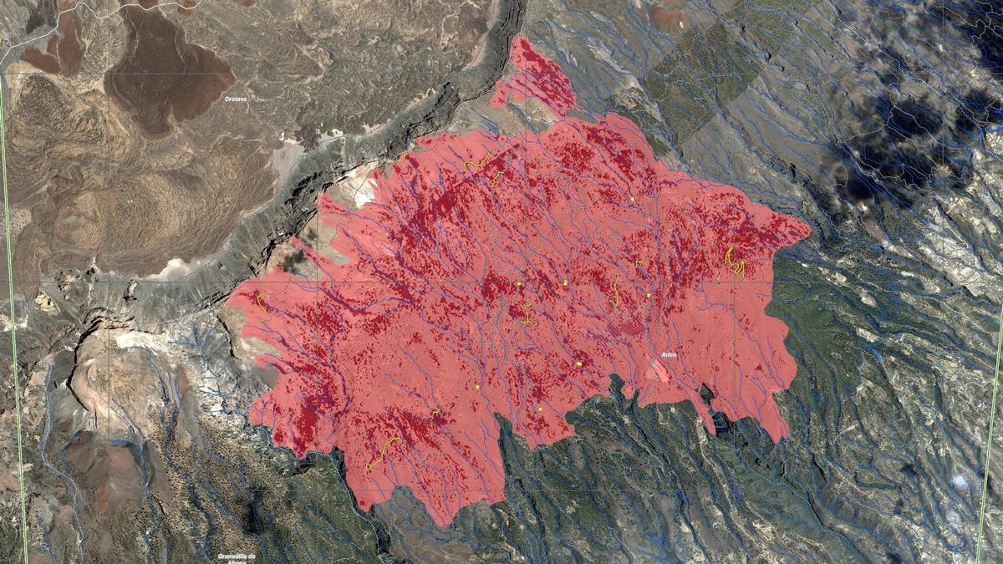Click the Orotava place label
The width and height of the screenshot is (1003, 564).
pos(235,99)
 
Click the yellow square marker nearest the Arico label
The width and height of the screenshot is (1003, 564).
pos(648,295)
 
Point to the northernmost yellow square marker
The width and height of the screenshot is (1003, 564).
pos(633,199)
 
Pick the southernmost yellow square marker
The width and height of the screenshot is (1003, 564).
pos(540,409)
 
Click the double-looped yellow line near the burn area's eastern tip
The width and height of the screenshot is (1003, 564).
pos(735,261)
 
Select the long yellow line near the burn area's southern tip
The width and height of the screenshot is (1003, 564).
pos(380,454)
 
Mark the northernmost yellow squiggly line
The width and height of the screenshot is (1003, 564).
pos(477,161)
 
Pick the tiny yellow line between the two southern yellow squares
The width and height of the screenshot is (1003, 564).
pos(435,411)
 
